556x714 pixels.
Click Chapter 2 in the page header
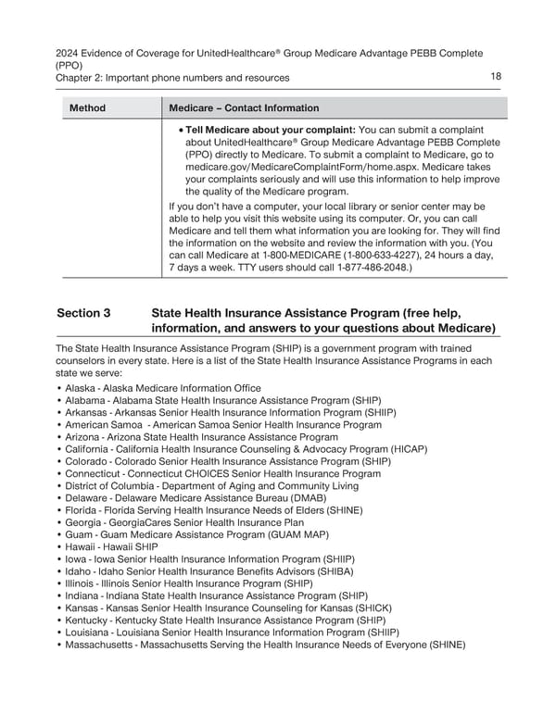[82, 78]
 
